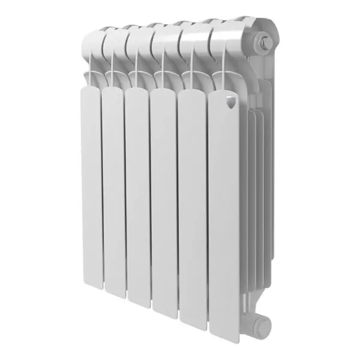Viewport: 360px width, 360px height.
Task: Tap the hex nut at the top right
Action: pos(264,43)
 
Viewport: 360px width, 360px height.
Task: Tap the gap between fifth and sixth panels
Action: pos(208,210)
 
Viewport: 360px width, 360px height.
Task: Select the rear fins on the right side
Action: pos(258,180)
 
